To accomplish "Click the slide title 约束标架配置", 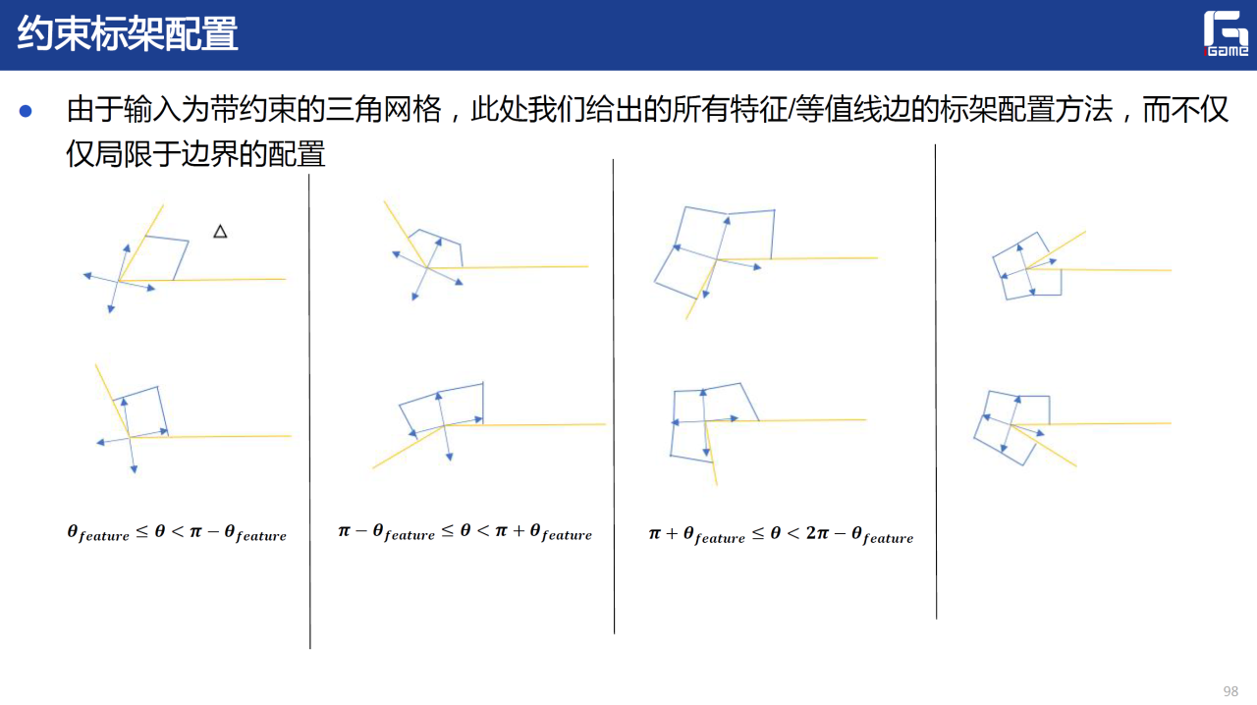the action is coord(128,33).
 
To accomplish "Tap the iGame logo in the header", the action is coord(1226,33).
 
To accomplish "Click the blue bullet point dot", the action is coord(26,111).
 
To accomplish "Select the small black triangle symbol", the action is coord(220,232).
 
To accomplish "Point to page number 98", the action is coord(1230,691).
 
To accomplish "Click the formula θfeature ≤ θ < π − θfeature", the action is coord(177,533).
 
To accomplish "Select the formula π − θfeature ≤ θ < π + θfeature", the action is coord(465,531).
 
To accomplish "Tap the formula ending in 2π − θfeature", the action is coord(781,534).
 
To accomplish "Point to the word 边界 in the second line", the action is coord(210,153).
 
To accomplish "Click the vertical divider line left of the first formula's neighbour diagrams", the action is coord(309,411).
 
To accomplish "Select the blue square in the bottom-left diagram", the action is coord(140,411).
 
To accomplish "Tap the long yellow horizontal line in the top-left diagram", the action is coord(202,280).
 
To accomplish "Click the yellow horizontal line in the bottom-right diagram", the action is coord(1091,424).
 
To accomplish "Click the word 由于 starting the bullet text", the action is coord(94,109).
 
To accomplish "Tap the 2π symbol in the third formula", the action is coord(817,532).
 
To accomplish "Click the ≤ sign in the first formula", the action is coord(142,531).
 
